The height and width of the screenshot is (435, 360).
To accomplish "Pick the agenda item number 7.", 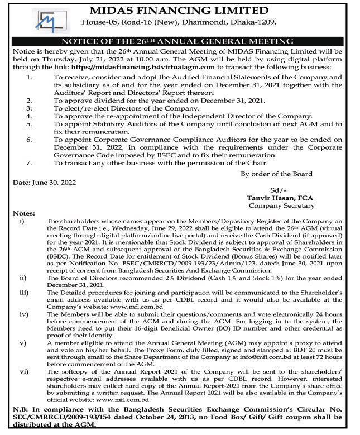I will [28, 163].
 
